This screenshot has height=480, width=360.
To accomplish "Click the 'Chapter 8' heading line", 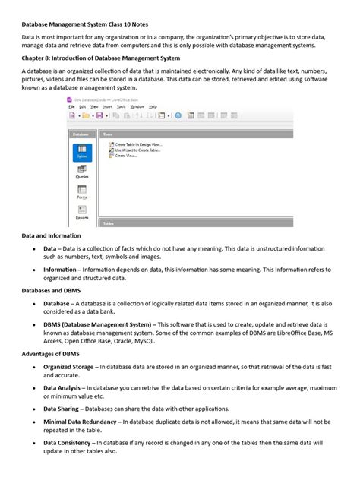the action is click(x=101, y=57).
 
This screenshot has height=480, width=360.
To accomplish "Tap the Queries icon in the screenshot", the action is click(x=82, y=171).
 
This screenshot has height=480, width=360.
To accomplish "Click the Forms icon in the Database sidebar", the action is click(x=82, y=191).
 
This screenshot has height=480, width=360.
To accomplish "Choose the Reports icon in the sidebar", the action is click(x=82, y=212).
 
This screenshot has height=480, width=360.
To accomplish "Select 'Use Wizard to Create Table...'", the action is click(x=137, y=150).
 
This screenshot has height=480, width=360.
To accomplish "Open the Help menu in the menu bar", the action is click(x=153, y=107).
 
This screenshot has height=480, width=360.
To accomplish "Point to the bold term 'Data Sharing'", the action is click(x=62, y=409).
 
